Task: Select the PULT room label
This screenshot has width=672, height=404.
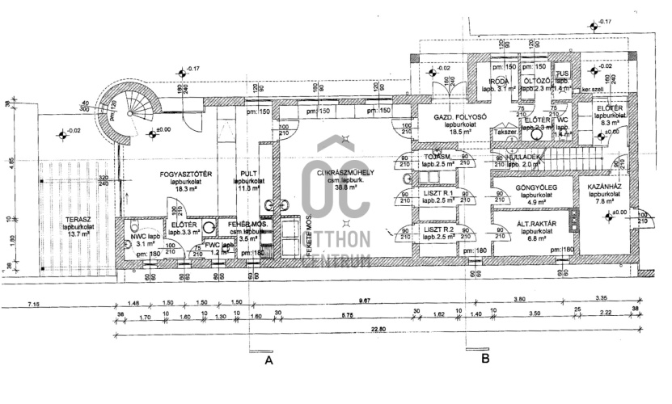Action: tap(249, 173)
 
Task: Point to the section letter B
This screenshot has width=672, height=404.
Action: tap(486, 357)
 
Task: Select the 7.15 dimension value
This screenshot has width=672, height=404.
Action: tap(34, 302)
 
